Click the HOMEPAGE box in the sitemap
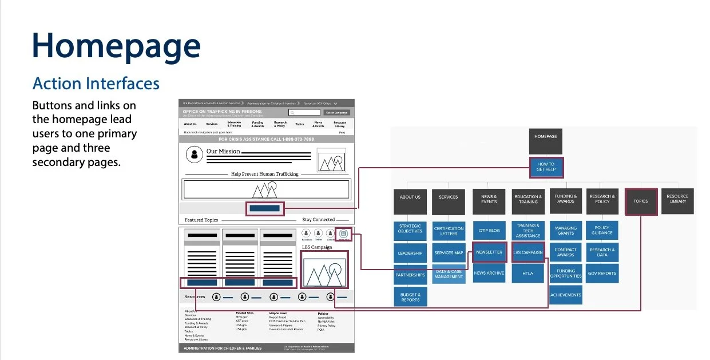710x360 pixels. (x=545, y=137)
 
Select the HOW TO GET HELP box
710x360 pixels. (x=545, y=167)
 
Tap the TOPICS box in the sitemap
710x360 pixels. (x=641, y=201)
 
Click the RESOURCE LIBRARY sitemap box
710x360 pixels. (x=677, y=199)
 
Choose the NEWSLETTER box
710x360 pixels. (x=489, y=252)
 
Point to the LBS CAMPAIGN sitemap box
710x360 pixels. (x=527, y=252)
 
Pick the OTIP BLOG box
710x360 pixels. (x=489, y=231)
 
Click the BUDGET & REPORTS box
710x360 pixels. (x=410, y=296)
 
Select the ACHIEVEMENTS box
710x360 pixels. (x=565, y=295)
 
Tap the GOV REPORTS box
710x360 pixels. (x=602, y=274)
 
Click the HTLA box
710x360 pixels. (x=527, y=274)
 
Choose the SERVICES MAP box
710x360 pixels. (x=449, y=252)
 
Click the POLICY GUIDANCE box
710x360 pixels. (x=602, y=231)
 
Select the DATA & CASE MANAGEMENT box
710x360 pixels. (x=449, y=274)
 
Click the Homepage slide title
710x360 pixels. (x=117, y=46)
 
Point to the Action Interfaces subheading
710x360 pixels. (x=96, y=84)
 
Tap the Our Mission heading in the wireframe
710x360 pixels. (x=223, y=151)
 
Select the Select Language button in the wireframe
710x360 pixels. (x=336, y=113)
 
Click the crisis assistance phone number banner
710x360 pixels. (x=266, y=139)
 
